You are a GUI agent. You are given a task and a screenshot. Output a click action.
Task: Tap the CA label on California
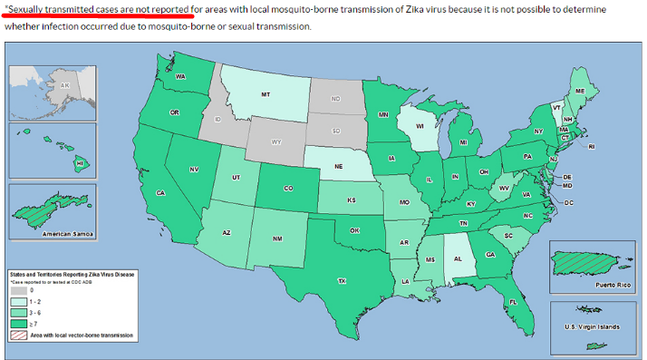[x=160, y=193]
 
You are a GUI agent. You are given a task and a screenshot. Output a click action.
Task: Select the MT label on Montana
[x=266, y=94]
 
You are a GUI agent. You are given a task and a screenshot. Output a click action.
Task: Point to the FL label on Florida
[x=513, y=302]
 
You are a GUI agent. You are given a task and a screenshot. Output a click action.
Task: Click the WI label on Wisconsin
[x=420, y=125]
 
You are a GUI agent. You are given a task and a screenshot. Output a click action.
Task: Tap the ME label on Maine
[x=578, y=92]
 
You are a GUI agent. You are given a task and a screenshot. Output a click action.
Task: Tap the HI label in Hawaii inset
[x=80, y=163]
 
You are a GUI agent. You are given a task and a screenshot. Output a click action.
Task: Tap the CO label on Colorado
[x=288, y=189]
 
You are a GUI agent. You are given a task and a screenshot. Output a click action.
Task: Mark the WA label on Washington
[x=180, y=77]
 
